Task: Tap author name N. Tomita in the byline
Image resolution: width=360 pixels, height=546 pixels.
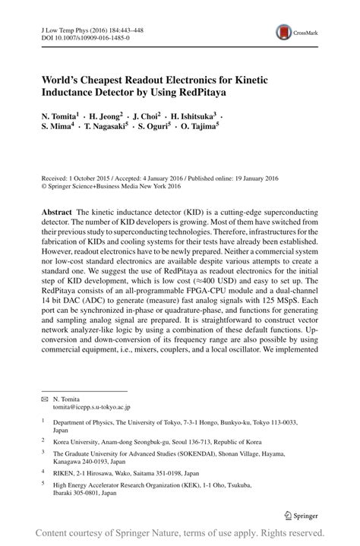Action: (x=62, y=116)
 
